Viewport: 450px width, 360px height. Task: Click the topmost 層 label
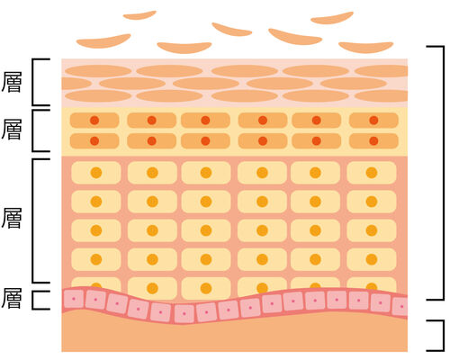click(12, 82)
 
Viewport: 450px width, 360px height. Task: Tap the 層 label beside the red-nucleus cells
click(12, 130)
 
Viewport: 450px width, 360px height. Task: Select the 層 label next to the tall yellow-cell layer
click(12, 218)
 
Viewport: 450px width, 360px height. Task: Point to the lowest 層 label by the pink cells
click(12, 299)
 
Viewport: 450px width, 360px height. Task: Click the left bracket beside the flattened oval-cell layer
click(33, 82)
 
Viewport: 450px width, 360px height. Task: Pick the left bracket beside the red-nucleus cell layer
click(33, 130)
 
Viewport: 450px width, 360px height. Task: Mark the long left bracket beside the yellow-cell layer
click(33, 221)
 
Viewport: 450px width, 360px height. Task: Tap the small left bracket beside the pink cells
click(33, 300)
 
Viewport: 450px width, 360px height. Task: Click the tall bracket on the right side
click(443, 173)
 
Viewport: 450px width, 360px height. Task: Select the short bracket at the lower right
click(443, 336)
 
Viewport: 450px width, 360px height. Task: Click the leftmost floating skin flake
click(103, 41)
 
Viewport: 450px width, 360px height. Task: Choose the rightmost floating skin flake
click(366, 47)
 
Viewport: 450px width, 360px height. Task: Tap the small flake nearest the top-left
click(139, 15)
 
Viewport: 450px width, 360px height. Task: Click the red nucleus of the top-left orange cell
click(94, 121)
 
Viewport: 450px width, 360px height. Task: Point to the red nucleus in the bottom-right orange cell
click(373, 140)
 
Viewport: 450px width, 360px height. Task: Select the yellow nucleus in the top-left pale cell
click(96, 173)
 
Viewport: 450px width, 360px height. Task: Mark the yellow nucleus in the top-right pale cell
click(372, 173)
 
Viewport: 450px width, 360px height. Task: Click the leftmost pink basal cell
click(74, 299)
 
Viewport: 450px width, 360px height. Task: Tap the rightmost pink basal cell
click(400, 306)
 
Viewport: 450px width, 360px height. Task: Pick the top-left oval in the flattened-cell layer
click(98, 71)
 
